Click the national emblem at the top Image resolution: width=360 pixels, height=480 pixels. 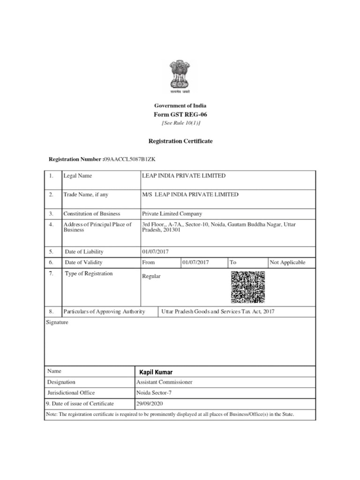click(180, 76)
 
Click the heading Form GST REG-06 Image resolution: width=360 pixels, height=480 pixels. click(180, 114)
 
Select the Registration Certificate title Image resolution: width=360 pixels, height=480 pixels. click(180, 141)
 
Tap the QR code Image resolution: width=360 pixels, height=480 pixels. click(247, 287)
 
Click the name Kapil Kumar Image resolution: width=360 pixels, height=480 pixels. click(156, 372)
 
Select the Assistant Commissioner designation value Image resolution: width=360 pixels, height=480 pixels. click(164, 382)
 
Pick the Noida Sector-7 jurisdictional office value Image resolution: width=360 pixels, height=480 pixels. click(157, 393)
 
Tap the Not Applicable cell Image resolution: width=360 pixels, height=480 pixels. click(287, 262)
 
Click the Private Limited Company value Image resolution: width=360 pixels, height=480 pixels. click(172, 214)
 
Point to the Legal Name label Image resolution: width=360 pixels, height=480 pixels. click(78, 176)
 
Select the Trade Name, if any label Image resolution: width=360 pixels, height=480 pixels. click(86, 195)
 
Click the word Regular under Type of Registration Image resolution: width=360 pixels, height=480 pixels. click(151, 276)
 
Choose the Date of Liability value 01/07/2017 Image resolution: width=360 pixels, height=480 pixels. click(156, 252)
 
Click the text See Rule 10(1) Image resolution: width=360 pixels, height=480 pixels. click(180, 123)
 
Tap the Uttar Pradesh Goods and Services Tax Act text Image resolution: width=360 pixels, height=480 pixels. click(217, 311)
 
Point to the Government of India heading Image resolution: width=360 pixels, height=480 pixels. click(180, 105)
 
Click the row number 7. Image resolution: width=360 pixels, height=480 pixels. click(51, 273)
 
